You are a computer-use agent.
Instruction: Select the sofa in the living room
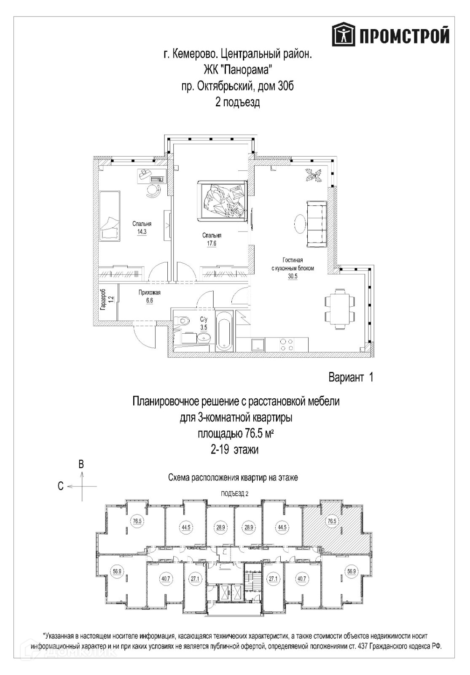point(316,225)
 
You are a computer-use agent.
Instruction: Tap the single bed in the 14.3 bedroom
point(110,215)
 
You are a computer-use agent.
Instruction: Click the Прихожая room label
point(150,293)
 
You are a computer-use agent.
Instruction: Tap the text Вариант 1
point(351,377)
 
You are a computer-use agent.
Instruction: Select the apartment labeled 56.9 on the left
point(117,572)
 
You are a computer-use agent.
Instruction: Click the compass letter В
point(82,464)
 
